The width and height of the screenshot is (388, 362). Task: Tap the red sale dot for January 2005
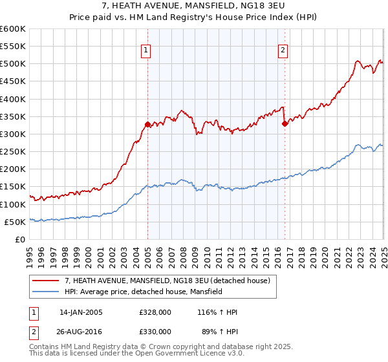pyautogui.click(x=147, y=124)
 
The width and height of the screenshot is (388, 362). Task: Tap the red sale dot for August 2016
pyautogui.click(x=285, y=123)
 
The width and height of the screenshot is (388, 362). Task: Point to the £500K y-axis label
pyautogui.click(x=12, y=64)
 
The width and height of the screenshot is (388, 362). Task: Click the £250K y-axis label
pyautogui.click(x=12, y=152)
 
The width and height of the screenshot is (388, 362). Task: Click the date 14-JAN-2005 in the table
pyautogui.click(x=81, y=312)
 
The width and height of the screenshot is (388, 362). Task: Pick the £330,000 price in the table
pyautogui.click(x=155, y=331)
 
